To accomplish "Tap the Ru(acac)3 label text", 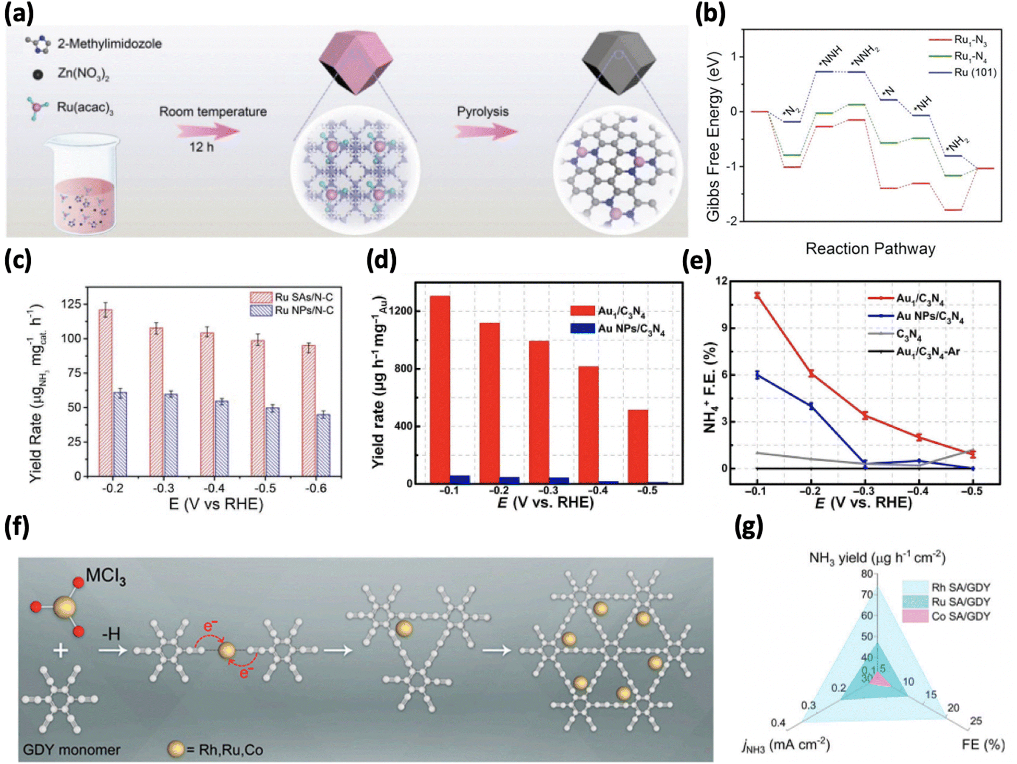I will [85, 107].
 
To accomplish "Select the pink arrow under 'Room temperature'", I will [208, 130].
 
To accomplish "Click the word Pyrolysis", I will [482, 112].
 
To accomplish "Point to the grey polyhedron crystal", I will [619, 63].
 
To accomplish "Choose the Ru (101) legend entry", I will [963, 72].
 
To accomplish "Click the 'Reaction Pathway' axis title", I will [870, 248].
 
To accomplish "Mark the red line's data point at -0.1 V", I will [757, 295].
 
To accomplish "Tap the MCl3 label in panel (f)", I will [105, 576].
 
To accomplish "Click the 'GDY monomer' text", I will [71, 749].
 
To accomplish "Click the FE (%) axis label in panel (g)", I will [983, 745].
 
